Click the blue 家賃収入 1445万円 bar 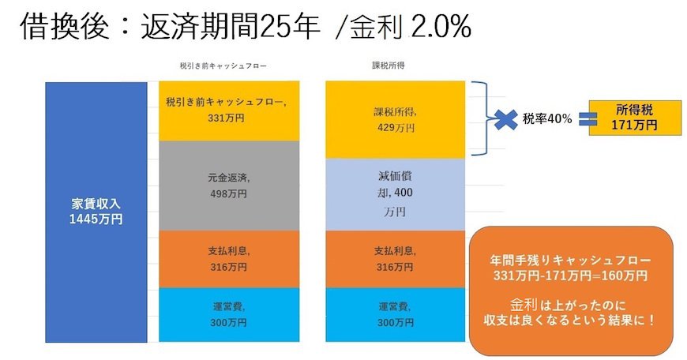pyautogui.click(x=96, y=211)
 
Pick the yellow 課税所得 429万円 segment pyautogui.click(x=394, y=118)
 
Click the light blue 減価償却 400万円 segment pyautogui.click(x=394, y=194)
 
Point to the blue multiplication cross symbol pyautogui.click(x=500, y=120)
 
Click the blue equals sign pyautogui.click(x=584, y=120)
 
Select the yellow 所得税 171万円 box pyautogui.click(x=625, y=118)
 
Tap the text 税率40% pyautogui.click(x=544, y=120)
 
